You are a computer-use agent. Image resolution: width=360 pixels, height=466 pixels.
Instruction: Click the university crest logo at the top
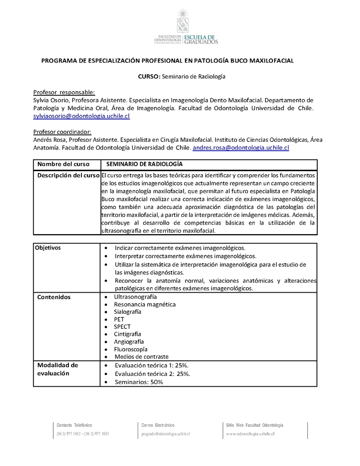[x=183, y=20]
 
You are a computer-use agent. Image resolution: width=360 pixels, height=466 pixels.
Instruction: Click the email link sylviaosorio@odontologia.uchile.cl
[x=81, y=116]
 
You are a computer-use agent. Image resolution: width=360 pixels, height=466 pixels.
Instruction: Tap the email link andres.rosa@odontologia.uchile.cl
[x=241, y=148]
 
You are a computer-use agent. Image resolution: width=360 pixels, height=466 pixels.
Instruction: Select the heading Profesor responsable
[x=64, y=92]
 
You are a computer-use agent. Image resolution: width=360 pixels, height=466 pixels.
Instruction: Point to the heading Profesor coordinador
[x=62, y=131]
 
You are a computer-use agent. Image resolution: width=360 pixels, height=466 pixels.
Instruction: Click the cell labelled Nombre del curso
[x=63, y=164]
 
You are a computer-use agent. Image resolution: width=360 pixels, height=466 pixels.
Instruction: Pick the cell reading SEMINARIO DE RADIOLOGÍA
[x=144, y=164]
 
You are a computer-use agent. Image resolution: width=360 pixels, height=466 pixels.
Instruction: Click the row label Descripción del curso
[x=68, y=175]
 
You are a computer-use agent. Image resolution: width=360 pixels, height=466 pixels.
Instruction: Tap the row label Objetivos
[x=49, y=248]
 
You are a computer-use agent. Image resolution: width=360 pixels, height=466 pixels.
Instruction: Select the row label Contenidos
[x=54, y=297]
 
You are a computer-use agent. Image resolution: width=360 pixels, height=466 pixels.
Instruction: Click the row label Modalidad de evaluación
[x=58, y=369]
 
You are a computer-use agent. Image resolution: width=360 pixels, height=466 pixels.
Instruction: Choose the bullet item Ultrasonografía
[x=135, y=297]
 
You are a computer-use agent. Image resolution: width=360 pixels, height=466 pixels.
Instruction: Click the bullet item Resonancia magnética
[x=145, y=304]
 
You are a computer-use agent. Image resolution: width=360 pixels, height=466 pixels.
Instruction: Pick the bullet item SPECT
[x=122, y=327]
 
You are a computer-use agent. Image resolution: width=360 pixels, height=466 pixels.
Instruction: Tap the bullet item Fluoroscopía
[x=130, y=349]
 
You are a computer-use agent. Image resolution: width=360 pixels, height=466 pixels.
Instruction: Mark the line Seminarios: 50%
[x=139, y=382]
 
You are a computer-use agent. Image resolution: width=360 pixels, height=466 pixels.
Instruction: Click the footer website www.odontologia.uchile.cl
[x=250, y=434]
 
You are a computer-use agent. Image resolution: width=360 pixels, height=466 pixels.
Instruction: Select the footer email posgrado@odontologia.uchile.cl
[x=166, y=434]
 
